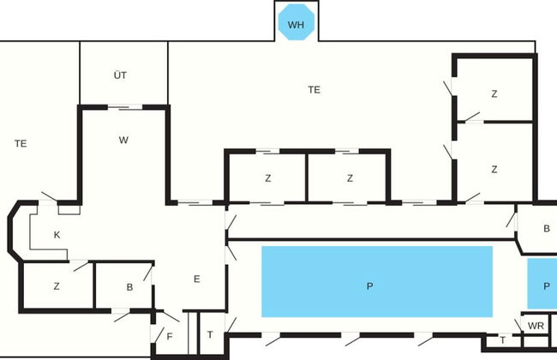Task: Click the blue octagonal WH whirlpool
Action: tap(296, 22)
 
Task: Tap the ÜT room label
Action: tap(120, 75)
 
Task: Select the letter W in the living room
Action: tap(123, 140)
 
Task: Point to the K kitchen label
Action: tap(57, 235)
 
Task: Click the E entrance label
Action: tap(197, 279)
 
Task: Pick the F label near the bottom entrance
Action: tap(170, 337)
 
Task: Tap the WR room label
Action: tap(536, 326)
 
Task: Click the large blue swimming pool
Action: tap(377, 281)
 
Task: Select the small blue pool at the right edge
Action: tap(542, 284)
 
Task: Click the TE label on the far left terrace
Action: tap(21, 144)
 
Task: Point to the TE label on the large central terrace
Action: tap(314, 90)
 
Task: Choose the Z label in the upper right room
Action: tap(494, 93)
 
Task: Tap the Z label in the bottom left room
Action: tap(57, 286)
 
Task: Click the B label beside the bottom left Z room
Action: tap(129, 287)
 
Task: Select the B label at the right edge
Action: tap(547, 229)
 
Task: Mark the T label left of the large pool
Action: tap(210, 334)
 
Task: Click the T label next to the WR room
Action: tap(503, 340)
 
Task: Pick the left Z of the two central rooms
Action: tap(268, 178)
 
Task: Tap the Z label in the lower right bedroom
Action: tap(494, 170)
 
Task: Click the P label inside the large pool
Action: tap(369, 286)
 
